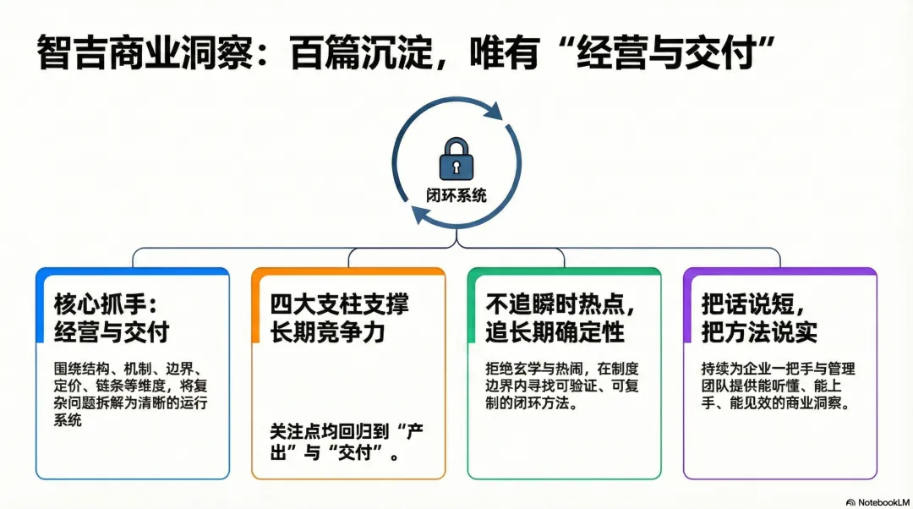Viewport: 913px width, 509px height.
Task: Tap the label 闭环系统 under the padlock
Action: pos(456,195)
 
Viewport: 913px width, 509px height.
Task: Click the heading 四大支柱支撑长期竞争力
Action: pos(339,317)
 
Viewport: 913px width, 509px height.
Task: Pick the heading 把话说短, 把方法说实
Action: pos(759,317)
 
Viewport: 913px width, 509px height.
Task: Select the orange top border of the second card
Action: pos(348,271)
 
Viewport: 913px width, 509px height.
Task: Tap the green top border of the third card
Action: pos(564,271)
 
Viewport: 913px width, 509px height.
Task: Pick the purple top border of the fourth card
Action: pos(779,271)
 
